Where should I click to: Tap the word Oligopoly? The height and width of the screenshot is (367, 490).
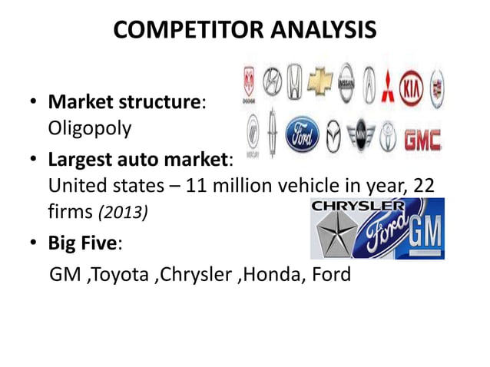click(x=90, y=127)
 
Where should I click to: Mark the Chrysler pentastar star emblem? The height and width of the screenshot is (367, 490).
click(x=335, y=235)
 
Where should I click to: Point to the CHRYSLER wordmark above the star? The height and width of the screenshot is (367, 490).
click(x=358, y=206)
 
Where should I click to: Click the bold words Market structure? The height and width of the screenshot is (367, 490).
click(x=124, y=101)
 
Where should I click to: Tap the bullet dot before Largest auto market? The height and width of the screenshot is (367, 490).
click(x=32, y=161)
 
